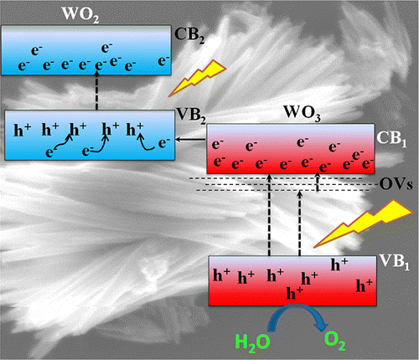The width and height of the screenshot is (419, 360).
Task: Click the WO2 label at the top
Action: (x=80, y=14)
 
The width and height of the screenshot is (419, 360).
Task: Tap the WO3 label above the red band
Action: (x=302, y=113)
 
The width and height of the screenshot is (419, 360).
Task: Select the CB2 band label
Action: (x=189, y=36)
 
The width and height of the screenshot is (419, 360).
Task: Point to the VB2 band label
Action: (x=191, y=116)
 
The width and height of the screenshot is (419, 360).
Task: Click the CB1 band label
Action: (x=391, y=139)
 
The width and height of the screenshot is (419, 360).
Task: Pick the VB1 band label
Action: (x=394, y=263)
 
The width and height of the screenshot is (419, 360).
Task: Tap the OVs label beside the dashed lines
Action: (x=396, y=184)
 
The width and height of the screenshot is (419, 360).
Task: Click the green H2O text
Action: (x=252, y=342)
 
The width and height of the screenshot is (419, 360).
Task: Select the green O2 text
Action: (x=335, y=341)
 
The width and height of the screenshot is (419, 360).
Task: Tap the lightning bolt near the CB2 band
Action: (x=198, y=78)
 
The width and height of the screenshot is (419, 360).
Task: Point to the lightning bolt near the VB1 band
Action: (x=363, y=224)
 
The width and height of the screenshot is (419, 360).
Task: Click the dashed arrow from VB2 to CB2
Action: (x=97, y=91)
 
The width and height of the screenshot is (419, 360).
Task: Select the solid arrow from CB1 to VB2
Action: (x=191, y=140)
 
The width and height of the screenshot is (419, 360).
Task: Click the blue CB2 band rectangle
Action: (x=86, y=50)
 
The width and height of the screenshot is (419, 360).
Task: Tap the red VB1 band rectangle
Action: (x=292, y=280)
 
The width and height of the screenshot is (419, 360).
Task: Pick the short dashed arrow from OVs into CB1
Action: (x=317, y=182)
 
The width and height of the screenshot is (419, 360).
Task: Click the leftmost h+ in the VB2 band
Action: (x=23, y=130)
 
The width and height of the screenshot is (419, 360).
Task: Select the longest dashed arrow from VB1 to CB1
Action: (x=269, y=215)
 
